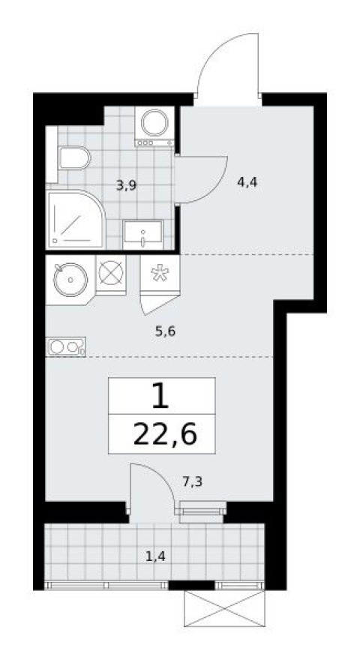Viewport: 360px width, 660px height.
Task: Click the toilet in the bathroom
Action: tap(73, 158)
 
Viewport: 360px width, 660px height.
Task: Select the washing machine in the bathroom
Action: tap(155, 124)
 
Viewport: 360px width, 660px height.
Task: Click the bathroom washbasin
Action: tap(142, 234)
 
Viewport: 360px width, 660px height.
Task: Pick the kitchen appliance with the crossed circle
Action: tap(110, 273)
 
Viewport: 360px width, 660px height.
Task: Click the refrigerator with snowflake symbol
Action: tap(158, 273)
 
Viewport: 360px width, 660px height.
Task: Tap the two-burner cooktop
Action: tap(66, 347)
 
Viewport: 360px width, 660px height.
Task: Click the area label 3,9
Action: tap(125, 184)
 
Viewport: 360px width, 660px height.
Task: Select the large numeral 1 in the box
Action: tap(160, 395)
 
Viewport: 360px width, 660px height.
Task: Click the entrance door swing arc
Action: tap(228, 60)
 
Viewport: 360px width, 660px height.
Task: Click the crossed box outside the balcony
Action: tap(224, 607)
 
